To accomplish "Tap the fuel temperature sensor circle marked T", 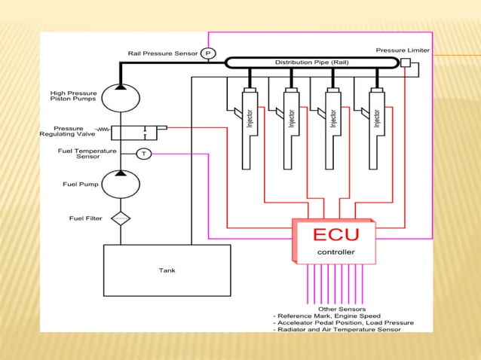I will [143, 154].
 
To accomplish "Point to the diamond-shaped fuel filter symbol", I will [121, 219].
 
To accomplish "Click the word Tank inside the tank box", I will [167, 270].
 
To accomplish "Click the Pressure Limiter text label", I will [403, 50].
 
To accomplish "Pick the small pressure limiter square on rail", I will [406, 63].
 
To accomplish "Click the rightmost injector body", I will [375, 128].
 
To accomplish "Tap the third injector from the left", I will [332, 128].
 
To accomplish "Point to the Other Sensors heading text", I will [342, 309].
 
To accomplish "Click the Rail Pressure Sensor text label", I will [163, 53].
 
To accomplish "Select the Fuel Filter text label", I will [85, 219].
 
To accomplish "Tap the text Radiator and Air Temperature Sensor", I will [342, 329].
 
